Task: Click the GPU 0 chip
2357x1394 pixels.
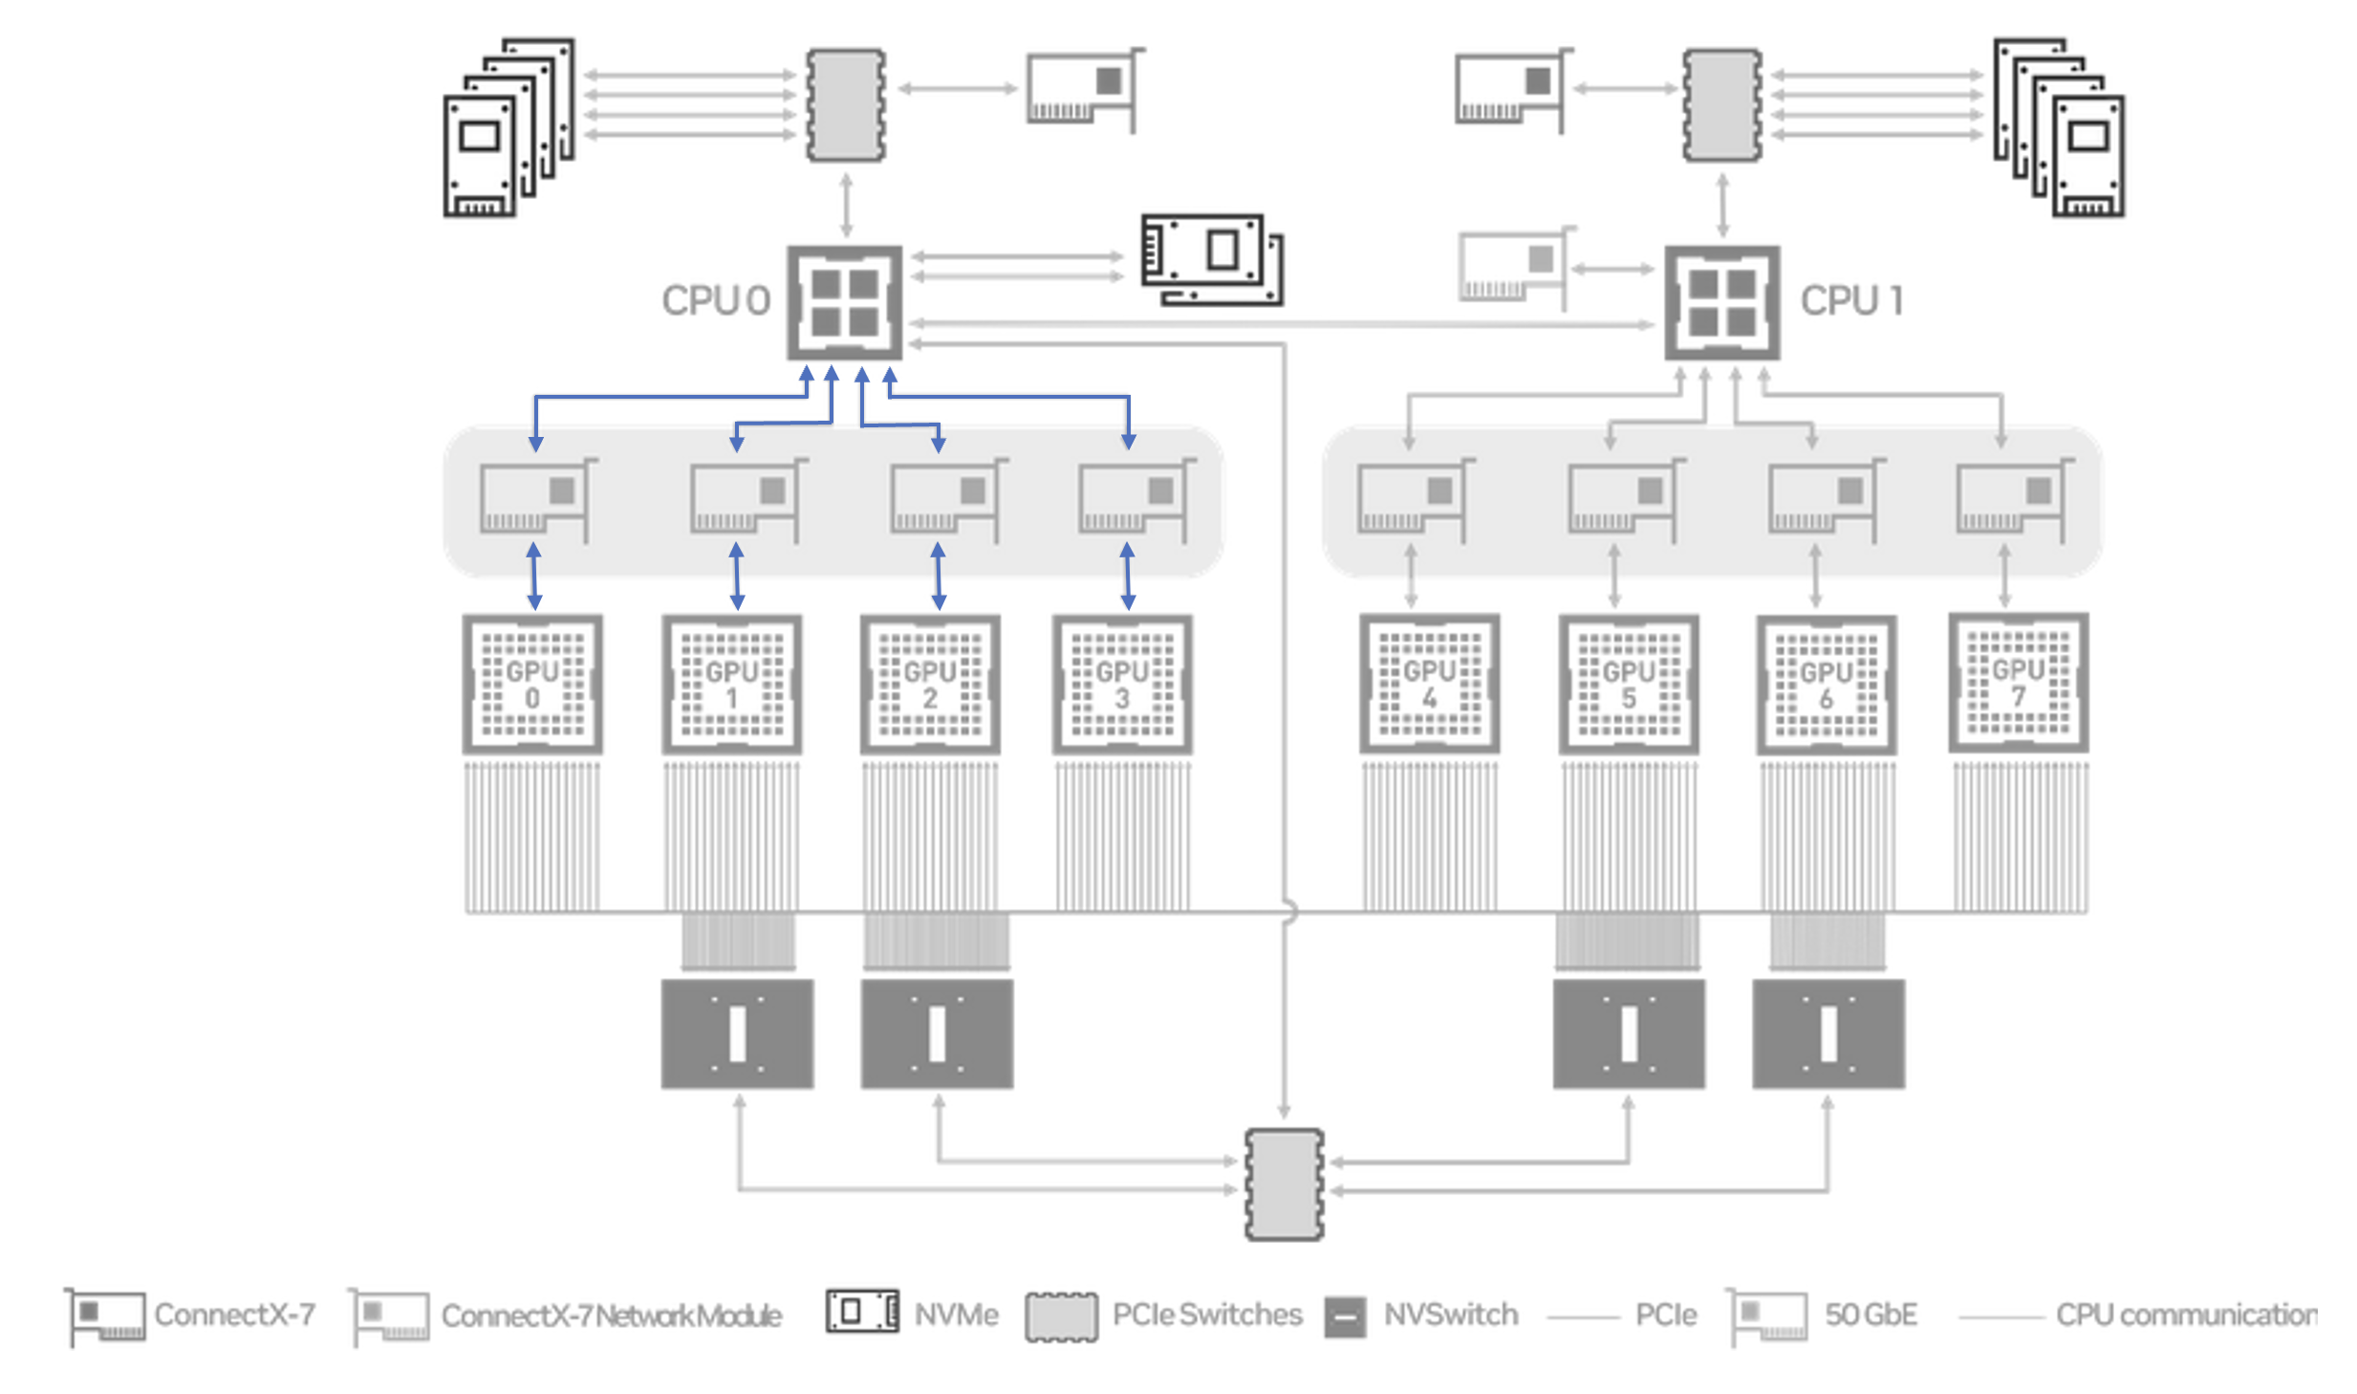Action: [x=532, y=684]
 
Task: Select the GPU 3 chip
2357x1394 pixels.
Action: [x=1122, y=684]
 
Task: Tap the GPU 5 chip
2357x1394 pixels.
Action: [x=1629, y=684]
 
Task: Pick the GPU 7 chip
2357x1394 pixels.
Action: [x=2019, y=682]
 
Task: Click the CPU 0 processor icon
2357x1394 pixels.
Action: [x=844, y=302]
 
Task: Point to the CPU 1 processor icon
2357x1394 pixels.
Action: [x=1721, y=302]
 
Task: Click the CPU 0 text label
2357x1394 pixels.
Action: [x=716, y=301]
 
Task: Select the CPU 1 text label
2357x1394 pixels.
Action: [x=1852, y=301]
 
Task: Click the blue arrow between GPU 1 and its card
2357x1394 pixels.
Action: [x=737, y=577]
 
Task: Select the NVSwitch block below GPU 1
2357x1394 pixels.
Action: [x=737, y=1034]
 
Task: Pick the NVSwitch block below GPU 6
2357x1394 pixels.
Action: [x=1827, y=1034]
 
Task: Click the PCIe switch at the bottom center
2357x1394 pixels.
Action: [x=1284, y=1185]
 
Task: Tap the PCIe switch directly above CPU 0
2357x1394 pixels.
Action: [x=846, y=105]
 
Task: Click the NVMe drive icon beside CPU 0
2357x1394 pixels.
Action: [x=1212, y=260]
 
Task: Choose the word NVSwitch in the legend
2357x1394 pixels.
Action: [x=1451, y=1315]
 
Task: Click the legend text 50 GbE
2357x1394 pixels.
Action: [x=1870, y=1315]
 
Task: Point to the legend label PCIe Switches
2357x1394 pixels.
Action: [x=1207, y=1315]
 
